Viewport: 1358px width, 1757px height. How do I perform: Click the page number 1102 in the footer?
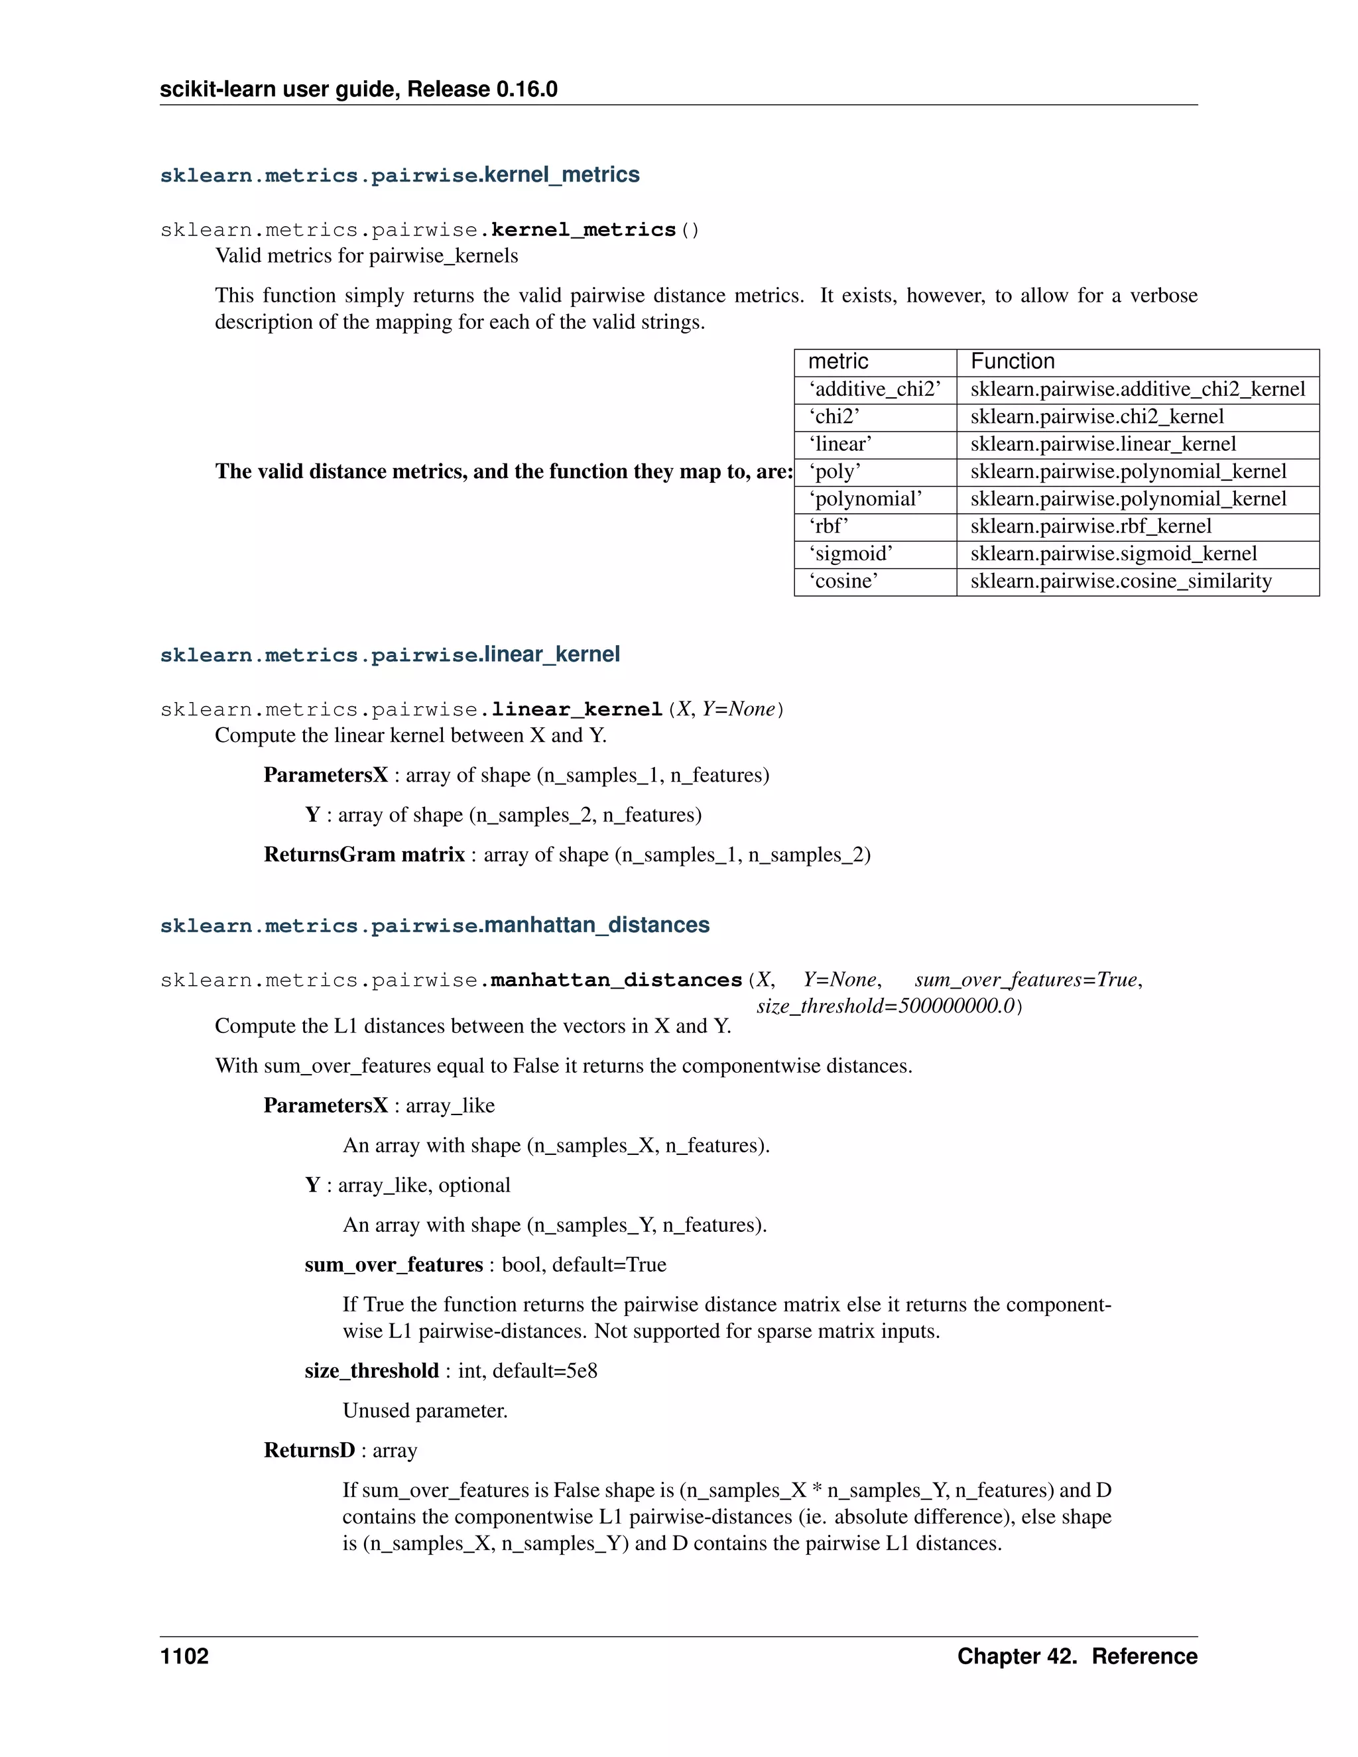pyautogui.click(x=184, y=1656)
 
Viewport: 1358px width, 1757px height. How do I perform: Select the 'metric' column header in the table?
pyautogui.click(x=837, y=361)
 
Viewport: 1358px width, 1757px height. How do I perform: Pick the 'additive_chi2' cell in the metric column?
pyautogui.click(x=875, y=389)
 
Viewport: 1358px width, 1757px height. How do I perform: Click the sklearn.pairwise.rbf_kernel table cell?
pyautogui.click(x=1090, y=526)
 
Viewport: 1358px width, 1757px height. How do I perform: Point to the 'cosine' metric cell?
pyautogui.click(x=843, y=581)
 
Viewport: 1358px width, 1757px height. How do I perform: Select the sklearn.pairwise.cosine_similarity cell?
pyautogui.click(x=1121, y=581)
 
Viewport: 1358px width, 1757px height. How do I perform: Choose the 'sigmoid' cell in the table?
pyautogui.click(x=851, y=554)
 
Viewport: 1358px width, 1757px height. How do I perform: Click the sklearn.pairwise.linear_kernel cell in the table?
pyautogui.click(x=1102, y=444)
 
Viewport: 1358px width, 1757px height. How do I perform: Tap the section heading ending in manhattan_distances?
pyautogui.click(x=434, y=925)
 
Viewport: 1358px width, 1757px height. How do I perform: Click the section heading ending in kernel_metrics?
pyautogui.click(x=400, y=174)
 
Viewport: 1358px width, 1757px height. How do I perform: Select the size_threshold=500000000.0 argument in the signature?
pyautogui.click(x=886, y=1006)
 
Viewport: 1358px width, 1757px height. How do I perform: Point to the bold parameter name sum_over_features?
pyautogui.click(x=393, y=1264)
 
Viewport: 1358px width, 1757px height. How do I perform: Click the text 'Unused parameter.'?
pyautogui.click(x=425, y=1410)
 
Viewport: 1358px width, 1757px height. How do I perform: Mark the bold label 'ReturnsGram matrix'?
pyautogui.click(x=365, y=855)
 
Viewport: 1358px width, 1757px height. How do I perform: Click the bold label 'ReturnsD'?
pyautogui.click(x=309, y=1449)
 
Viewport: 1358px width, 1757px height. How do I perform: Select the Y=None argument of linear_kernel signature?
pyautogui.click(x=738, y=709)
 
